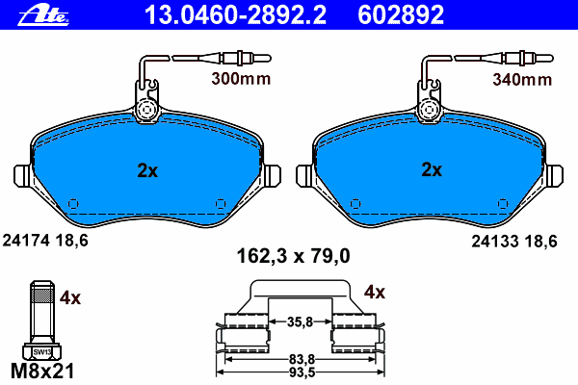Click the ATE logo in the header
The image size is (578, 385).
point(43,15)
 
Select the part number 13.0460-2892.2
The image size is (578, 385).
point(236,14)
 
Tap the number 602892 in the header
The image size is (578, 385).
point(401,14)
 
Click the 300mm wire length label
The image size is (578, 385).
point(241,79)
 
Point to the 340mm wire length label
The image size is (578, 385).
point(522,80)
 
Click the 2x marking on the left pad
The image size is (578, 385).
point(147,170)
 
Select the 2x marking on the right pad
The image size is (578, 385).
point(432,169)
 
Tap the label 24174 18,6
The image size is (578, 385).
point(45,241)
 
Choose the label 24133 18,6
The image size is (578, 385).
point(514,242)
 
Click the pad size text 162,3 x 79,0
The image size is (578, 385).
point(293,256)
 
